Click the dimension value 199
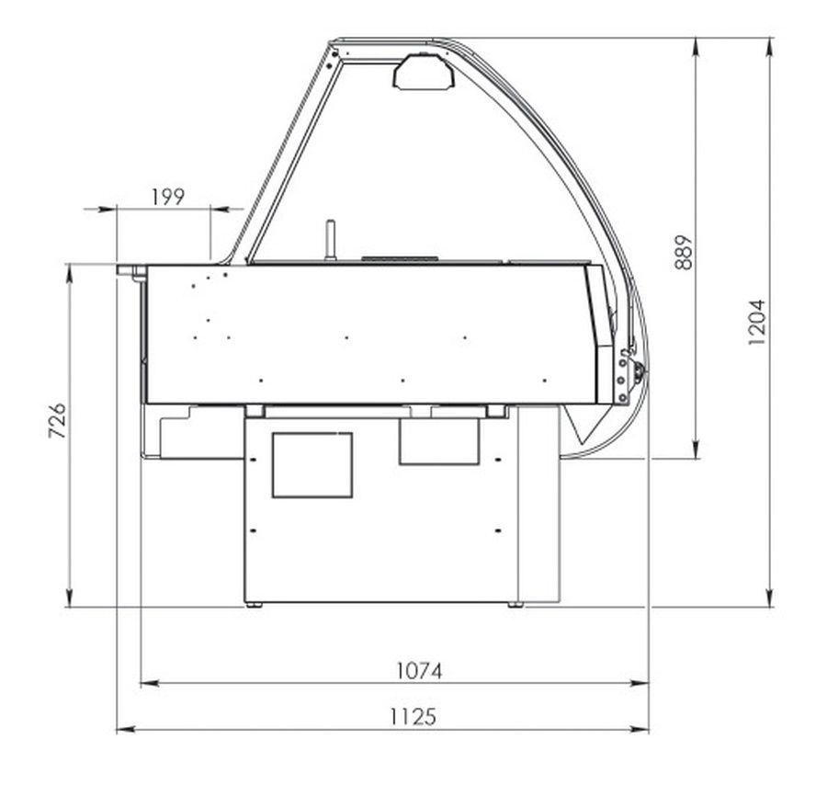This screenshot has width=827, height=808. coord(168,197)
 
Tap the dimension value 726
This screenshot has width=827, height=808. coord(58,421)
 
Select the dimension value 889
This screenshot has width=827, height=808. coord(684,252)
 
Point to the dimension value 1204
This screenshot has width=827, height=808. coord(756,323)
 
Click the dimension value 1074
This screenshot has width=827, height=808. coord(419,671)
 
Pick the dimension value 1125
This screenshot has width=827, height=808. coord(413,717)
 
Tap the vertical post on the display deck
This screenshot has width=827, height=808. coord(331,241)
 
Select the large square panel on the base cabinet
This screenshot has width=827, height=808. coord(312,465)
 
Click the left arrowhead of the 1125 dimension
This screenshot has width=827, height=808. coord(125,730)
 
